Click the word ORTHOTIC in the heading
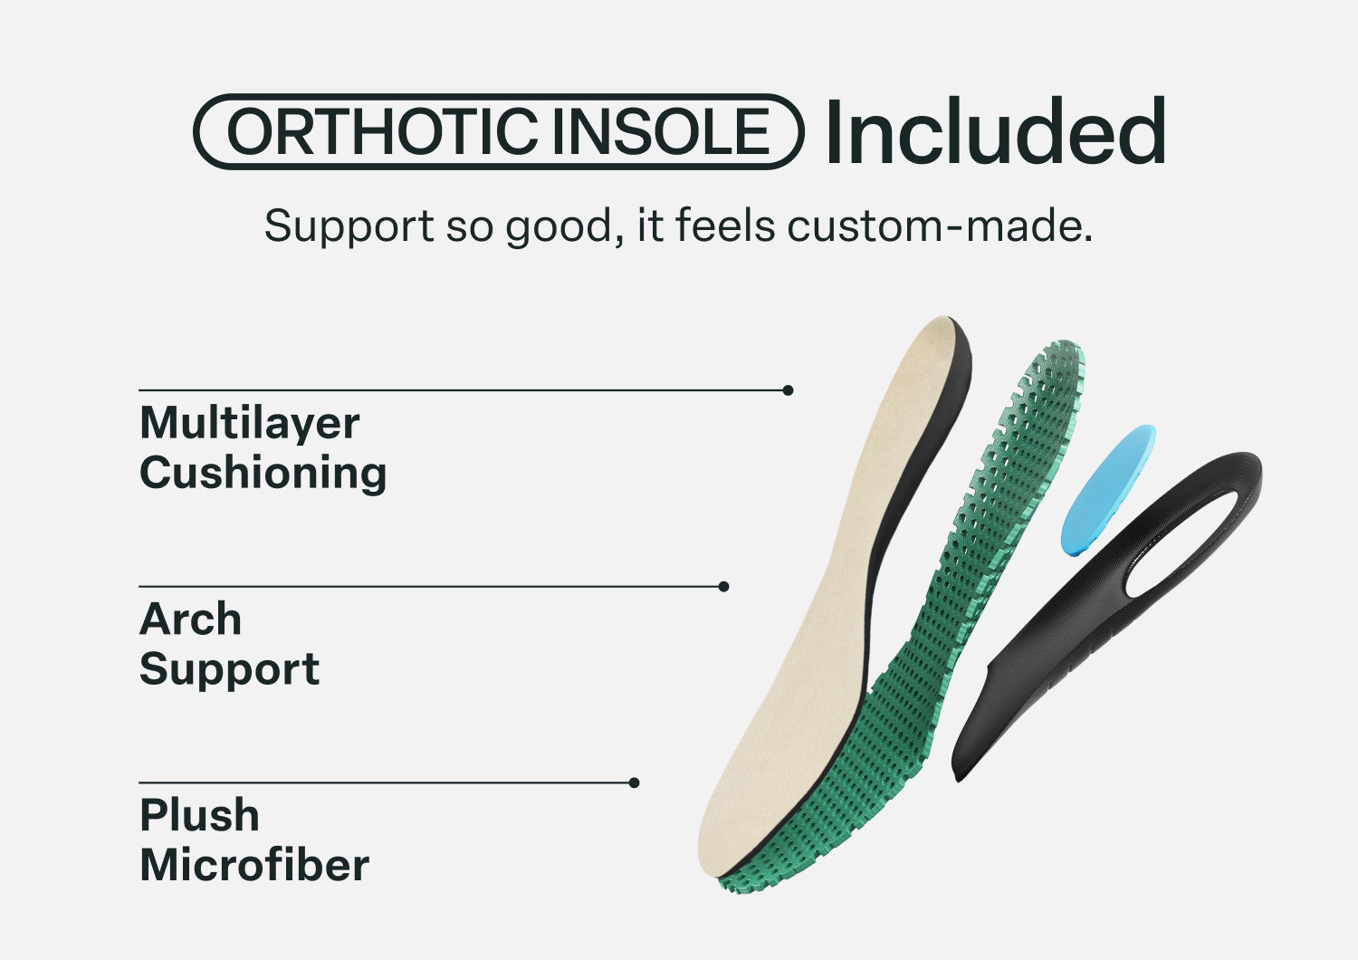tap(383, 131)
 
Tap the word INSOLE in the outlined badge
tap(661, 131)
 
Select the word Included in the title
tap(995, 130)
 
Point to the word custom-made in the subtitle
tap(940, 226)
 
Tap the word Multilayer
tap(250, 424)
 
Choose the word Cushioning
tap(263, 474)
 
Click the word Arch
tap(190, 619)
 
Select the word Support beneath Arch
tap(230, 670)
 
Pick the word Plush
tap(199, 815)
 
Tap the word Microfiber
tap(254, 866)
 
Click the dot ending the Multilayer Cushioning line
tap(789, 390)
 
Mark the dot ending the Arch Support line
tap(723, 587)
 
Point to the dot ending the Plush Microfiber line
tap(634, 782)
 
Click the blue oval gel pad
tap(1107, 490)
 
